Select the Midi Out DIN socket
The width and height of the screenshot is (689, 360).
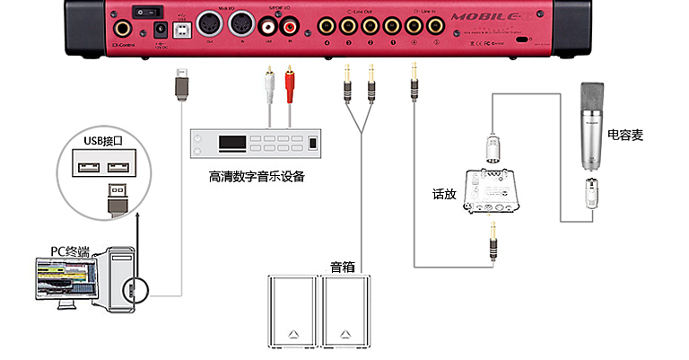(x=210, y=23)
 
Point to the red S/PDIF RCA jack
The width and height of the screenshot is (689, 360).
(x=288, y=28)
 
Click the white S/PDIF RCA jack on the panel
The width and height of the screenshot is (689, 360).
(x=266, y=28)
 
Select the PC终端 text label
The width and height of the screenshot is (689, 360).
(x=70, y=250)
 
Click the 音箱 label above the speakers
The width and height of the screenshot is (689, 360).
(x=342, y=266)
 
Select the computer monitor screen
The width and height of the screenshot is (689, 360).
(x=64, y=278)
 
